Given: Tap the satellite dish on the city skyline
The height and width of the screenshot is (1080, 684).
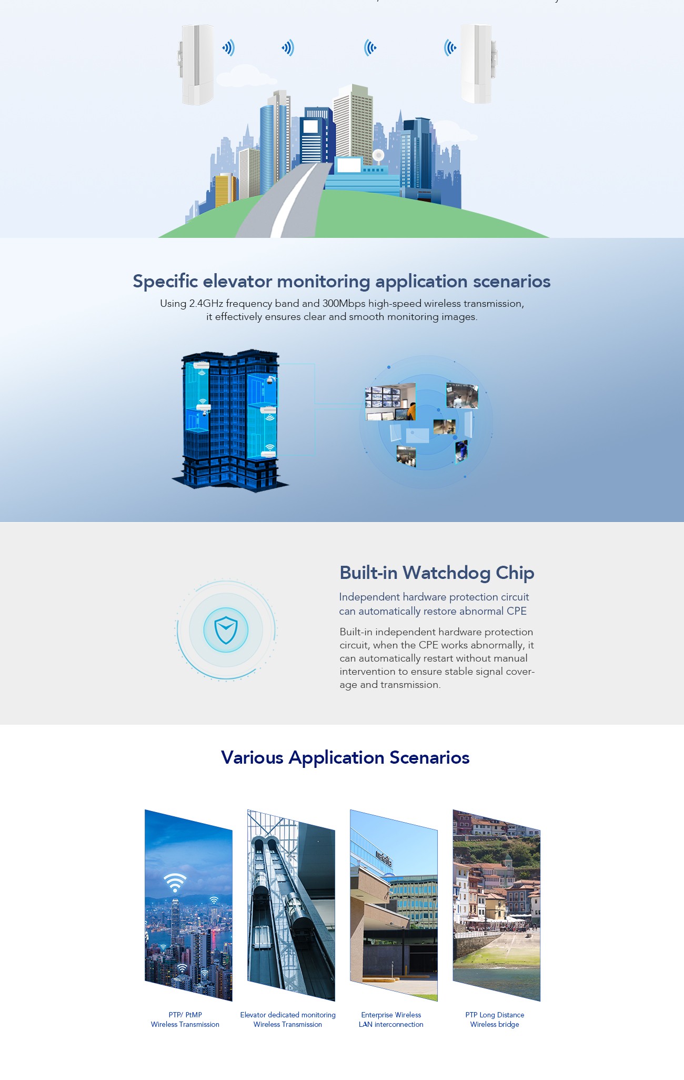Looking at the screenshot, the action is point(378,156).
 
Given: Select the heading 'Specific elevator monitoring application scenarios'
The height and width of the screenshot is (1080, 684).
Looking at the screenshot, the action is point(341,281).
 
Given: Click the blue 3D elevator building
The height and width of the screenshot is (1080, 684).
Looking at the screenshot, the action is point(230,420).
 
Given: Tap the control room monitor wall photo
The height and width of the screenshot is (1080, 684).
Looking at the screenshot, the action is point(390,402).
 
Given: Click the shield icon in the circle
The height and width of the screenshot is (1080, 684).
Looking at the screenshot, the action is point(226,630).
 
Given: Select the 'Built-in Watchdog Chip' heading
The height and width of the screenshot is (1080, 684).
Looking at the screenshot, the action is point(437,573).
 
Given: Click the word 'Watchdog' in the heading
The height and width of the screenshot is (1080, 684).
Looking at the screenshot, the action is point(447,573).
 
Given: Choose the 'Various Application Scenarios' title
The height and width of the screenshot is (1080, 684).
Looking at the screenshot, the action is point(345,757).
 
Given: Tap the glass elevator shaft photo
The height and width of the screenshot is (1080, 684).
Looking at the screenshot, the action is point(291,905).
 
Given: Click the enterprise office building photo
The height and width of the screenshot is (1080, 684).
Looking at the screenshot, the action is point(394,905).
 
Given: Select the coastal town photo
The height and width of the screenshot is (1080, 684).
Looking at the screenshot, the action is point(496,905).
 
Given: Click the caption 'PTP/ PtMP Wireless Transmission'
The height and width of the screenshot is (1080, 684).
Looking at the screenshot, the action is point(185,1019).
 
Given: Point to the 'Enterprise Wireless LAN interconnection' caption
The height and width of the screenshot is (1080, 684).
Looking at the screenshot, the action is point(391,1019).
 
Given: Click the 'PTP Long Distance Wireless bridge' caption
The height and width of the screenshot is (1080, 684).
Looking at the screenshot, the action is point(495,1019).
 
